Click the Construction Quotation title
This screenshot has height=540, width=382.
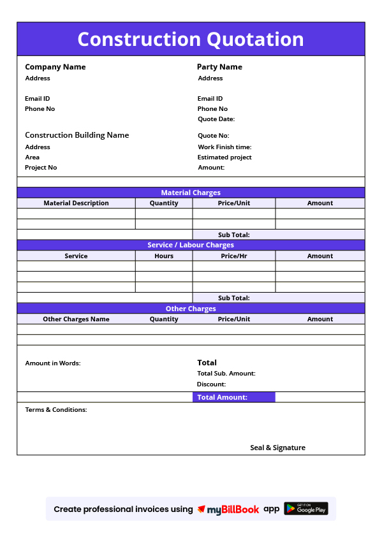(191, 40)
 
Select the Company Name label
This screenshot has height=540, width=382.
(55, 67)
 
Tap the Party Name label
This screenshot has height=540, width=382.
(219, 67)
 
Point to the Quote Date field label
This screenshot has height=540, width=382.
(216, 119)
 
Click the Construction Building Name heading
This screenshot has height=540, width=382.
(77, 135)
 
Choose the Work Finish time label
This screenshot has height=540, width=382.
(224, 147)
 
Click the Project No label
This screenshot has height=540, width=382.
(41, 168)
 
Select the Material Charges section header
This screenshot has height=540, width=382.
(191, 193)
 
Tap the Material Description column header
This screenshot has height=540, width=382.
(76, 203)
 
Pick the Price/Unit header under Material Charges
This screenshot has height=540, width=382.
(234, 203)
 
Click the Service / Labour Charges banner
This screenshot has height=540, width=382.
(191, 245)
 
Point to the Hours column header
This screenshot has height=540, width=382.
(164, 256)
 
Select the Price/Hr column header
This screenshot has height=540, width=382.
(234, 256)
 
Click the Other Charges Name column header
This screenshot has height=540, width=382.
(76, 319)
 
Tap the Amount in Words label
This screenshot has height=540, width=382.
(53, 363)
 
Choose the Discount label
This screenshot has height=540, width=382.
(211, 384)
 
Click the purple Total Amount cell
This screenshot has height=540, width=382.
(233, 397)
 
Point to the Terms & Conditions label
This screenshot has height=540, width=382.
(56, 410)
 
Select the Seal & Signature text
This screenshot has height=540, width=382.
(277, 448)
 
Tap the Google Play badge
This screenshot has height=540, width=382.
(306, 509)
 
